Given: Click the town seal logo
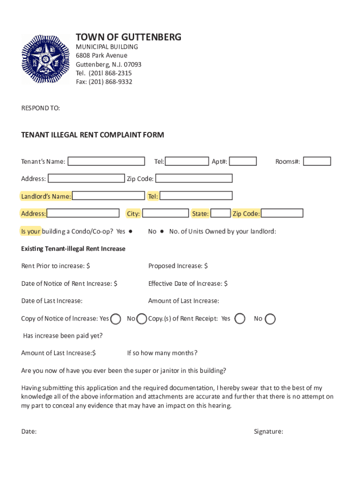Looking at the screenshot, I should click(45, 59).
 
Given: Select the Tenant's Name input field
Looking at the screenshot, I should click(106, 161).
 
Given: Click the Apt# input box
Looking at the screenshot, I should click(243, 161).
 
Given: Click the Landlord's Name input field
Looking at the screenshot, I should click(108, 196).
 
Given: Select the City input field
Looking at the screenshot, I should click(165, 213).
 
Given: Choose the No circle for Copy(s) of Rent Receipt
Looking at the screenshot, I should click(270, 319).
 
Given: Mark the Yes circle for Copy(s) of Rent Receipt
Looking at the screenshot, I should click(240, 319).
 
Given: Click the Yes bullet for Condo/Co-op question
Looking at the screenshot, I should click(131, 231).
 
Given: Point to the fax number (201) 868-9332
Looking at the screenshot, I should click(104, 82).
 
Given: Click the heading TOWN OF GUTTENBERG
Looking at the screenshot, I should click(129, 37).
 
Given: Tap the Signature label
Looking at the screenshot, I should click(268, 432).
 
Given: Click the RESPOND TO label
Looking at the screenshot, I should click(41, 108).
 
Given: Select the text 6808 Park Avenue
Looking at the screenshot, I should click(101, 56).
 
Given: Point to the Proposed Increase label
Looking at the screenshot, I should click(178, 266).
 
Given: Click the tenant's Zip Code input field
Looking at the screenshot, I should click(194, 178).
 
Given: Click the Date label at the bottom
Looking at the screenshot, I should click(29, 432).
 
